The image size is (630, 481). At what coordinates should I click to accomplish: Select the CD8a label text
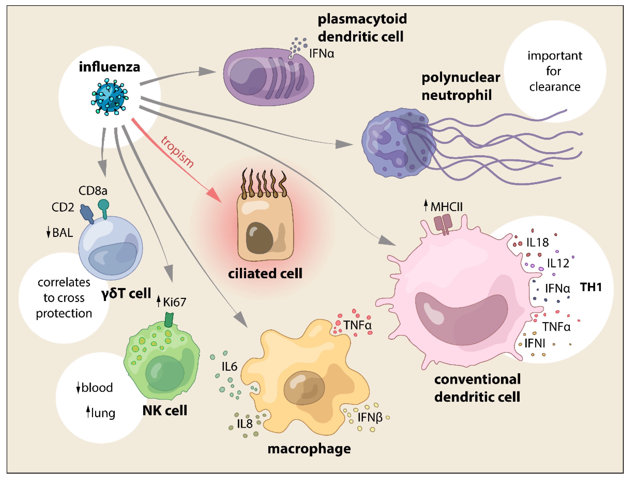(93, 191)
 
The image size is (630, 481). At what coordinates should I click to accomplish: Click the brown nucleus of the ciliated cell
(259, 238)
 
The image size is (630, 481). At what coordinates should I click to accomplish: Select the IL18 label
(538, 243)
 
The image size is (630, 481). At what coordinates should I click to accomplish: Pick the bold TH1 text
(591, 287)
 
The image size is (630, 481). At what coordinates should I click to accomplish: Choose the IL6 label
(229, 366)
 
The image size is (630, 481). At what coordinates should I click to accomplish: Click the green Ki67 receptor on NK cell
(169, 320)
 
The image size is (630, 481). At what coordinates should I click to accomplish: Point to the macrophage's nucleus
(304, 388)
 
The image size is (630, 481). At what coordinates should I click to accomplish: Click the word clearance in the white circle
(555, 87)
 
